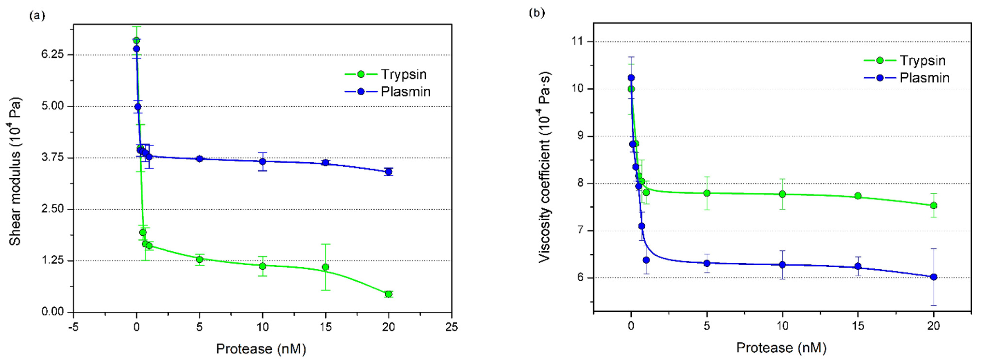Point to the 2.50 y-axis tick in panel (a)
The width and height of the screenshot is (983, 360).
click(53, 209)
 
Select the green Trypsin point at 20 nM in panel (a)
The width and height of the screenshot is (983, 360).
click(388, 294)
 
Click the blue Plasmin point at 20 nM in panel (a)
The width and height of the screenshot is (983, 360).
click(388, 172)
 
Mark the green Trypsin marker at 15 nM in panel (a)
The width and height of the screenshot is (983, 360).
click(325, 267)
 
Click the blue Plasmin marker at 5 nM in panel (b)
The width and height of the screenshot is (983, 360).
click(707, 263)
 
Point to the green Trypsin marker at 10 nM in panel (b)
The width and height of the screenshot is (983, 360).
click(782, 194)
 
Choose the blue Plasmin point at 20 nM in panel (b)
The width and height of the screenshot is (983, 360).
click(934, 277)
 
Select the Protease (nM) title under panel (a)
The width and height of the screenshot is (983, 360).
click(261, 349)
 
